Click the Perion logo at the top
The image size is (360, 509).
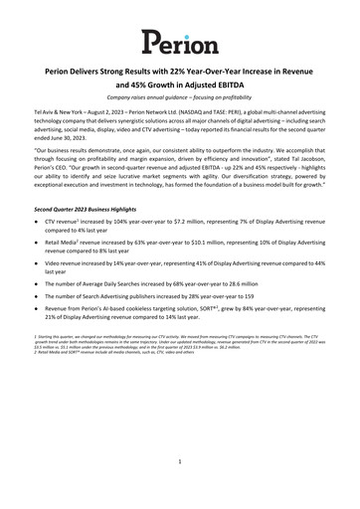pos(179,41)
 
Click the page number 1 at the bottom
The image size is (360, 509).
pos(180,461)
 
